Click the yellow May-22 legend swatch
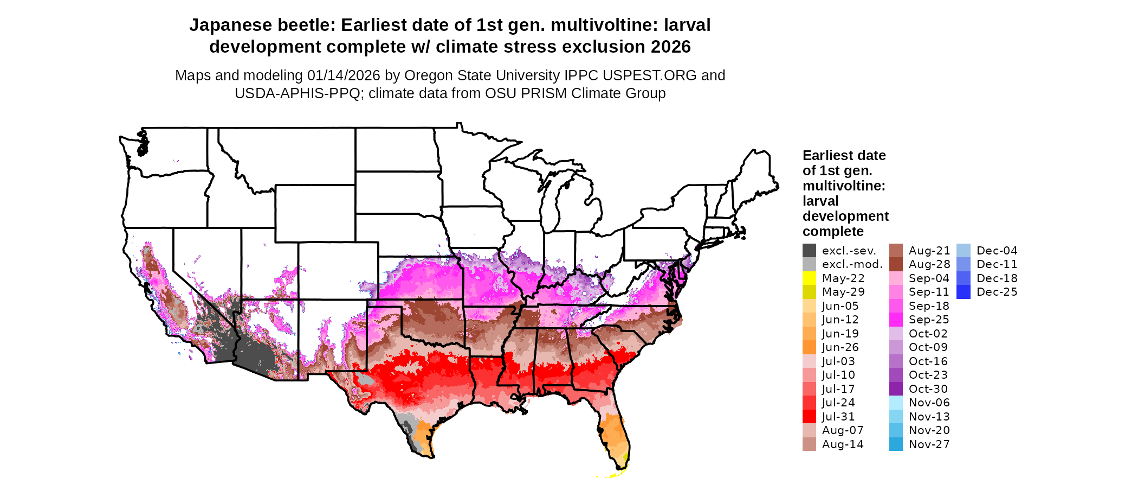(x=809, y=278)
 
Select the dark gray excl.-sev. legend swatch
(x=809, y=251)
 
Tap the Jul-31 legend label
(x=838, y=417)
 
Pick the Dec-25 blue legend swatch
(x=964, y=292)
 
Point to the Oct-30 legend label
(x=928, y=389)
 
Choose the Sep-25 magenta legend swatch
(x=896, y=320)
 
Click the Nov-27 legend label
(x=929, y=444)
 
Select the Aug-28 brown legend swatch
(x=896, y=264)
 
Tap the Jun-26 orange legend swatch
(x=809, y=347)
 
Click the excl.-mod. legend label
(x=852, y=264)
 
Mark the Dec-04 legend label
(x=997, y=251)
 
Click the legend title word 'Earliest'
(x=827, y=156)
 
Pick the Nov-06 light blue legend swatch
(x=896, y=403)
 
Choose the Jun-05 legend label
(x=840, y=306)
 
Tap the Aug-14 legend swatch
(x=809, y=444)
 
